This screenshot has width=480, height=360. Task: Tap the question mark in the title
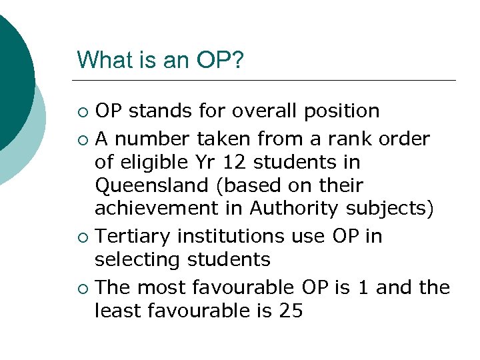(237, 60)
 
